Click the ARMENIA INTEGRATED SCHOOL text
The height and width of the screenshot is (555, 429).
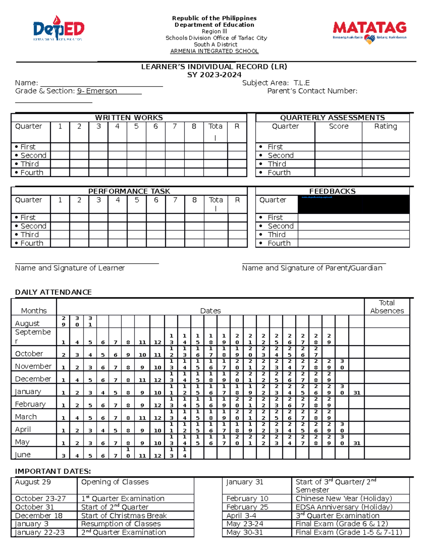214,51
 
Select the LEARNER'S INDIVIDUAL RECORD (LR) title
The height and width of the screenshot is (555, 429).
214,67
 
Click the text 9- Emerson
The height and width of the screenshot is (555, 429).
97,91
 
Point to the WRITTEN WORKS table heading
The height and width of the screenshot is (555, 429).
129,118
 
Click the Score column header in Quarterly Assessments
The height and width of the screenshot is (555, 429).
338,127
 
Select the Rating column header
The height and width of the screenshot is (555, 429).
385,127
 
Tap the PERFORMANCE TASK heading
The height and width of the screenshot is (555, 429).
129,191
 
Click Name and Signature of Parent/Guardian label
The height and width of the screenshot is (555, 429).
312,268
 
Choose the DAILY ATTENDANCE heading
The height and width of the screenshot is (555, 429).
53,292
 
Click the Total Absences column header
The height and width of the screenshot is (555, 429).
387,307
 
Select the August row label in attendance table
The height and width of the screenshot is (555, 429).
27,323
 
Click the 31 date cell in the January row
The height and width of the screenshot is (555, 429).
356,393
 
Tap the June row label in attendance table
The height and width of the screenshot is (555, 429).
23,455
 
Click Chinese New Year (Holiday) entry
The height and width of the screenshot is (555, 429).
344,499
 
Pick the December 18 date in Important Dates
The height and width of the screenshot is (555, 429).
39,516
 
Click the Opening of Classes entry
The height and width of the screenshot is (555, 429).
115,482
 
